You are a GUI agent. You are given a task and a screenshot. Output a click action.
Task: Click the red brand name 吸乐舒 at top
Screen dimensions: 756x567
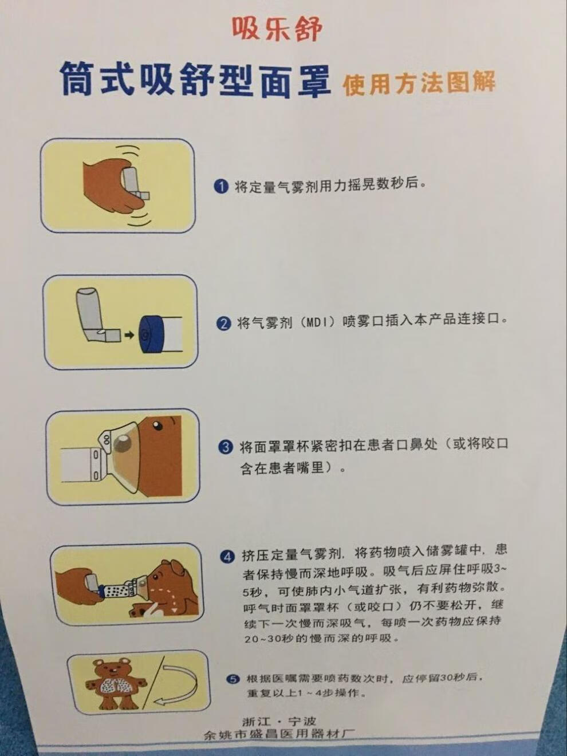coord(277,29)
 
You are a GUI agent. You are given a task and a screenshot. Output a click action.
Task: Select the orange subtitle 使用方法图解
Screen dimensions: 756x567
coord(419,84)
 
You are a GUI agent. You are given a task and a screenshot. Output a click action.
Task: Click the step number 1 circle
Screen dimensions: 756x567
coord(221,187)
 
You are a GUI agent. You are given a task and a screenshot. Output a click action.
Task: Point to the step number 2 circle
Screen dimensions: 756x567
coord(223,323)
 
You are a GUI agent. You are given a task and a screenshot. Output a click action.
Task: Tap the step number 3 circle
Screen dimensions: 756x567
coord(226,447)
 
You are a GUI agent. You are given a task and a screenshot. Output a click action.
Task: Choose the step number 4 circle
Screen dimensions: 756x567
coord(227,556)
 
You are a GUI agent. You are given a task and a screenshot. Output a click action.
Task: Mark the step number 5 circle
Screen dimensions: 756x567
coord(232,679)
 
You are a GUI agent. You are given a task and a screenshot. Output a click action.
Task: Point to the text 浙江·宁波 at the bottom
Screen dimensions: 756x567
coord(279,721)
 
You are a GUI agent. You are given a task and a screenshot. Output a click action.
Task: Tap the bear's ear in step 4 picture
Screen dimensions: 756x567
coord(175,568)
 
